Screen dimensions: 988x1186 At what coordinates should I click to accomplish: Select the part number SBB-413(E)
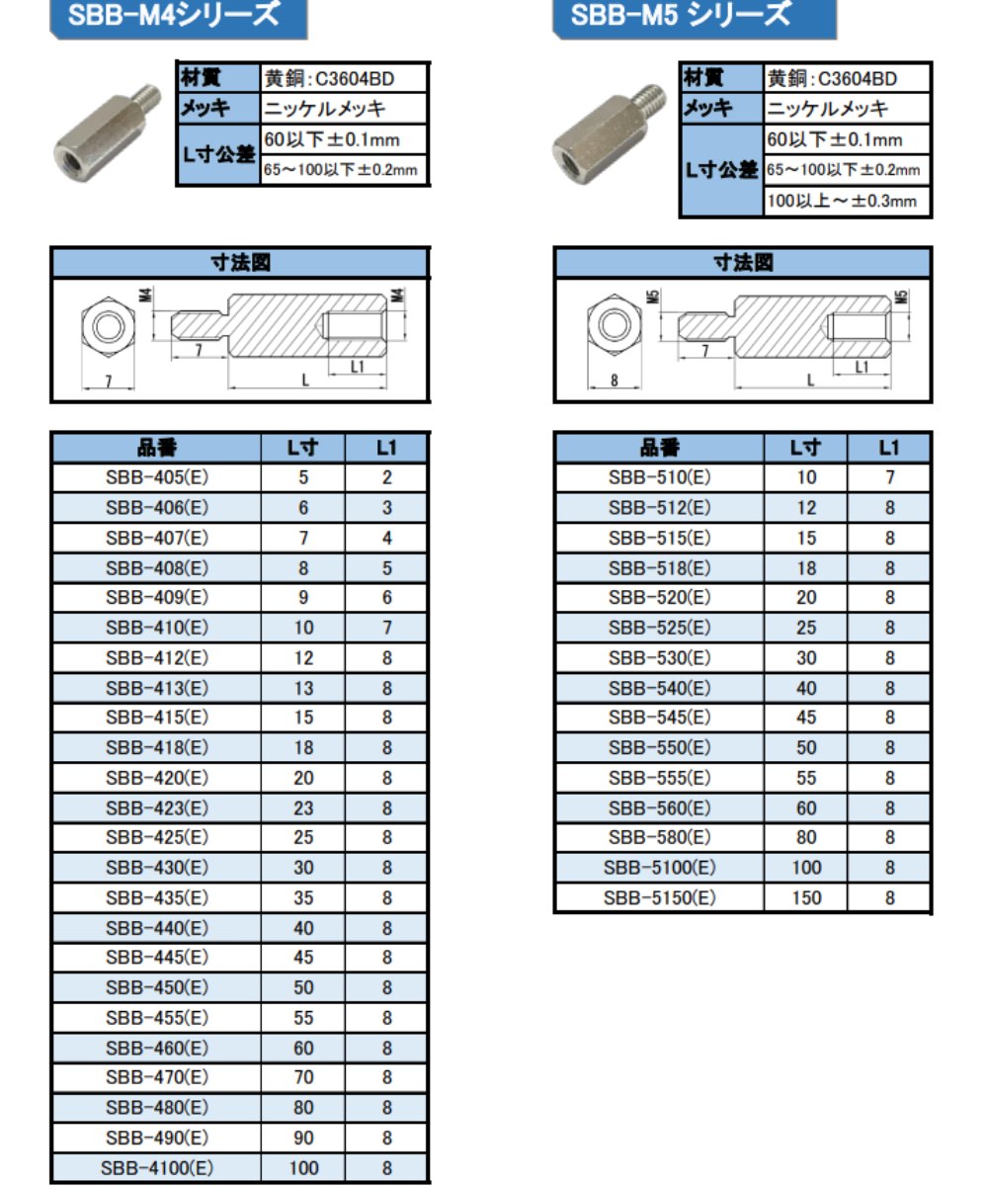[157, 688]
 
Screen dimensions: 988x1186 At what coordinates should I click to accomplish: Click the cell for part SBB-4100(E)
[157, 1168]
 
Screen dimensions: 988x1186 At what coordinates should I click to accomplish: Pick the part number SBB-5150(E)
[659, 897]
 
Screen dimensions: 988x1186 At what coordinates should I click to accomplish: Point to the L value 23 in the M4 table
[303, 807]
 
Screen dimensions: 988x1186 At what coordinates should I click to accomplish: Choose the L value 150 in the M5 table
[806, 897]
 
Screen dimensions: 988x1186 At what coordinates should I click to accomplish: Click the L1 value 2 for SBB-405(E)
[386, 477]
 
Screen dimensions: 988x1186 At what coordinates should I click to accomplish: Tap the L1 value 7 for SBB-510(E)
[890, 477]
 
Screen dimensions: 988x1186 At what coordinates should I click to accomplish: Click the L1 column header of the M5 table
[889, 448]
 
